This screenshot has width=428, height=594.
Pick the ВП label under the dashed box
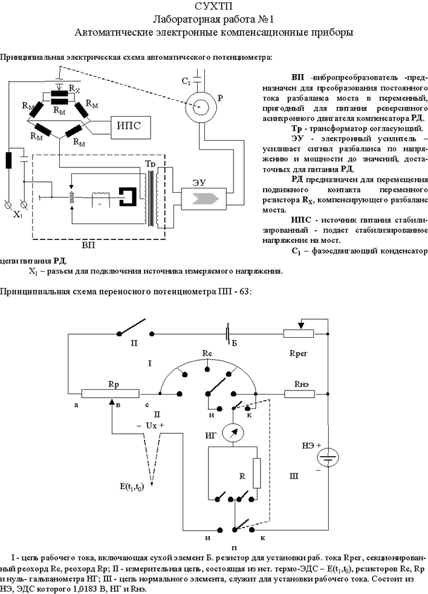pyautogui.click(x=88, y=247)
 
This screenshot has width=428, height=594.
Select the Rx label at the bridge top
pyautogui.click(x=74, y=89)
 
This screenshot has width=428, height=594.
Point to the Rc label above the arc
pyautogui.click(x=207, y=352)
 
